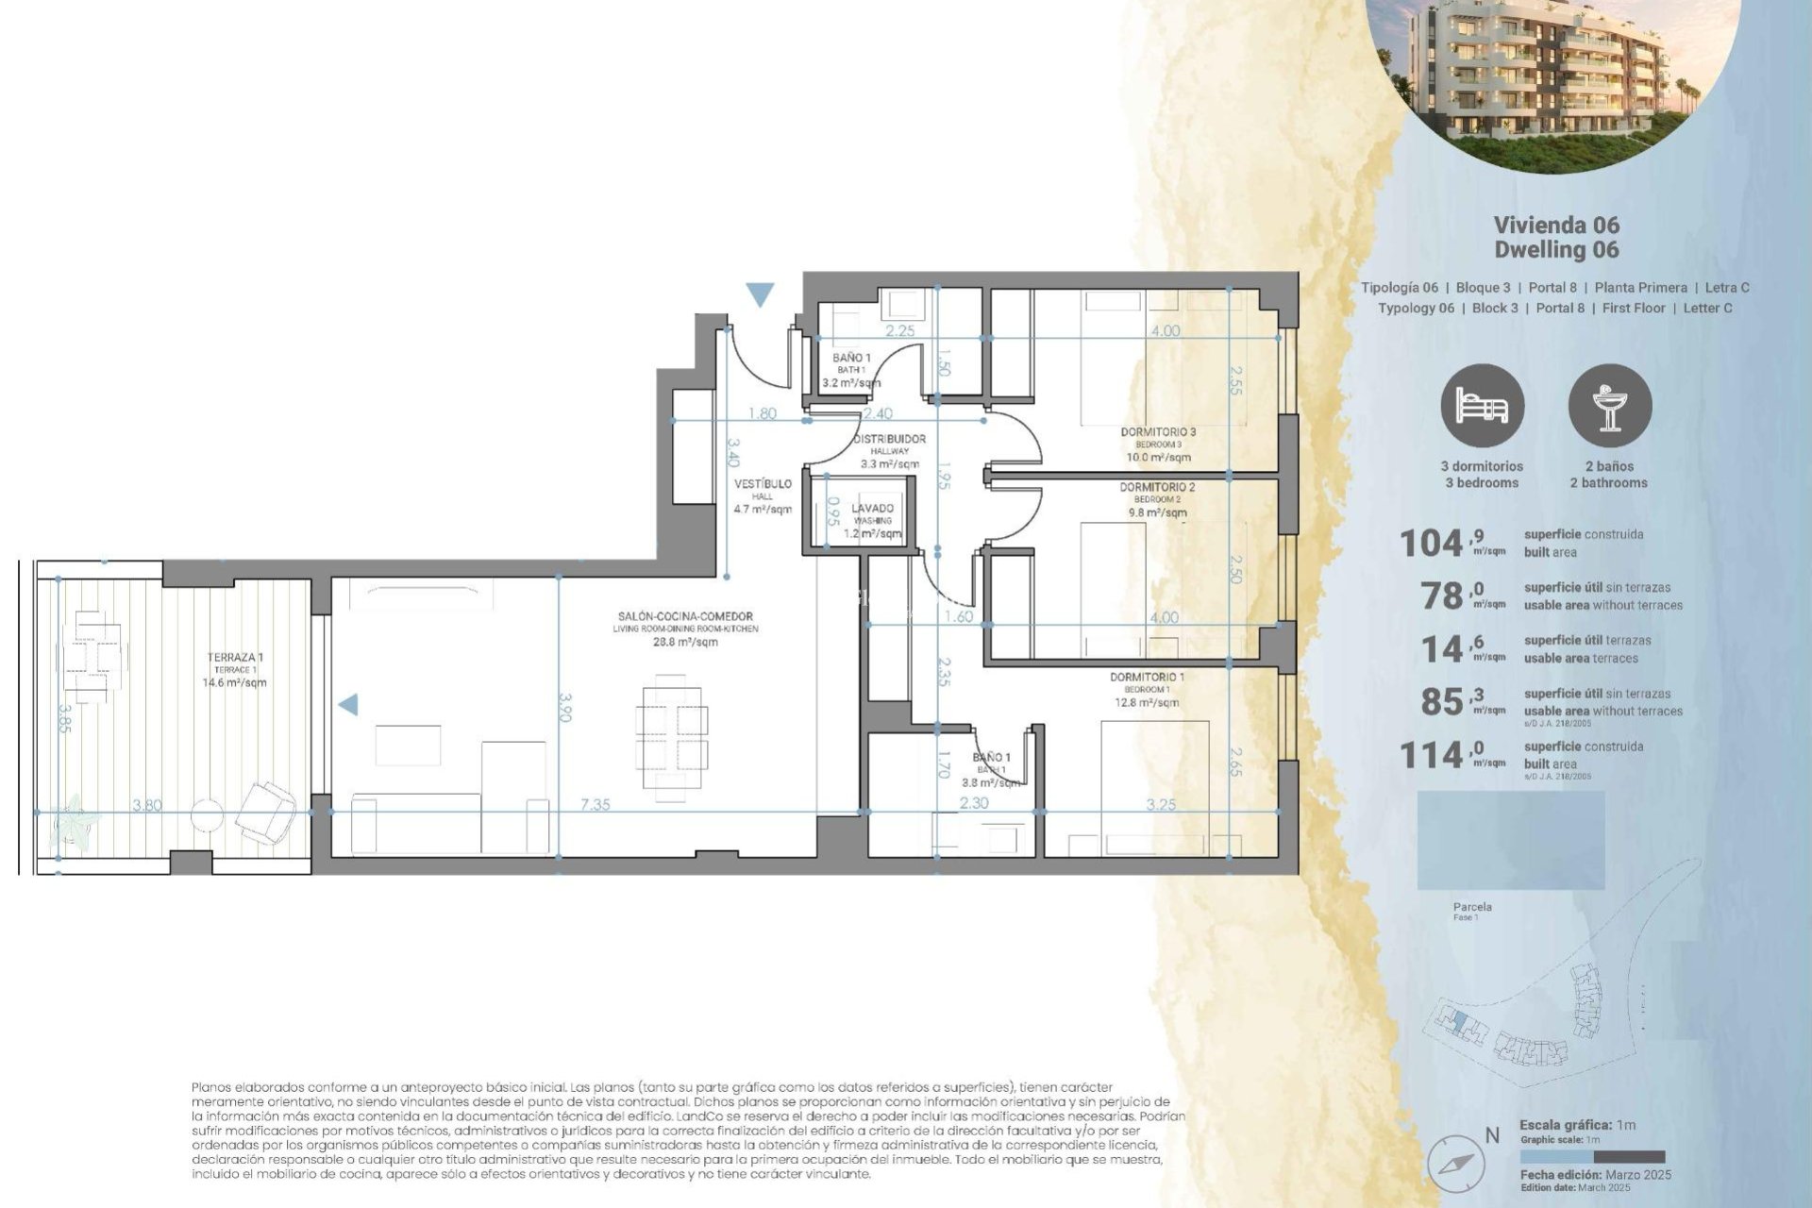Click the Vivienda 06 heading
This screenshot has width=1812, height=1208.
[1556, 225]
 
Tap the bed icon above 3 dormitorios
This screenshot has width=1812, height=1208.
[1482, 406]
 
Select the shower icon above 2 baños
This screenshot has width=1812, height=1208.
[1609, 406]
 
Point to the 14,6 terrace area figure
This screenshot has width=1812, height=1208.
[1442, 649]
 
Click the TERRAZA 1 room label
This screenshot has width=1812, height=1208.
[235, 658]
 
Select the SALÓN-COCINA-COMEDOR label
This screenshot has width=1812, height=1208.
[685, 616]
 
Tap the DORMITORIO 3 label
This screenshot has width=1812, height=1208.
[1158, 432]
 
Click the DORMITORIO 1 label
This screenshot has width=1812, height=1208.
[1147, 678]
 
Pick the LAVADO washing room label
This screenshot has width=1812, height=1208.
[872, 509]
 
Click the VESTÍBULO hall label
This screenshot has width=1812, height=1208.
[763, 484]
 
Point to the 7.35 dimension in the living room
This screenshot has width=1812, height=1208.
[595, 805]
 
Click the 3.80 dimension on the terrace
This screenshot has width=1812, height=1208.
[146, 805]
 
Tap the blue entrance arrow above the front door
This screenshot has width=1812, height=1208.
[760, 294]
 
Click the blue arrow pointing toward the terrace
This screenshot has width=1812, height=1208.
[348, 704]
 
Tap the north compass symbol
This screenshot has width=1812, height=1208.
[1454, 1162]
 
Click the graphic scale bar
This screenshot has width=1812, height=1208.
[1592, 1157]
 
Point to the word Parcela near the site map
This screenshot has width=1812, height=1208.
[1472, 907]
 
